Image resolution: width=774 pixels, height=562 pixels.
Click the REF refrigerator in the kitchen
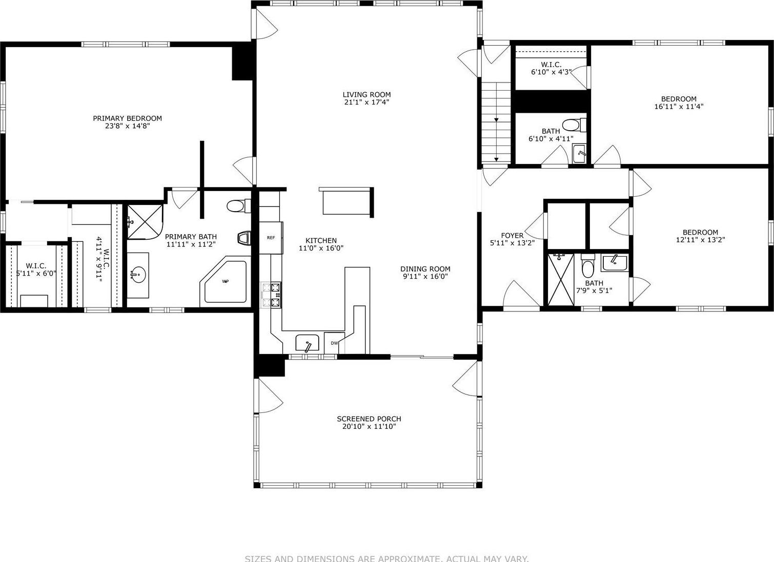(x=271, y=238)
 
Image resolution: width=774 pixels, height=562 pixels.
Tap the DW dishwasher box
(x=334, y=343)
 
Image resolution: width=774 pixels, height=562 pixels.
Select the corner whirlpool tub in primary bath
(x=225, y=282)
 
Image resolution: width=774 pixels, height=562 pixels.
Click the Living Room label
(x=366, y=94)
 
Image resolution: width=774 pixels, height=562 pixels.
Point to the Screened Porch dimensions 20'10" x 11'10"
(x=369, y=426)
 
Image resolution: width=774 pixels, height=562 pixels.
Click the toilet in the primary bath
(x=237, y=206)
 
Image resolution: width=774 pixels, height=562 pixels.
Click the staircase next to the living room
(x=496, y=122)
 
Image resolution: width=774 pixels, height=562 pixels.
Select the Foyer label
(x=512, y=236)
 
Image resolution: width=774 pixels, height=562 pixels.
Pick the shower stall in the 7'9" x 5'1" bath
(x=561, y=279)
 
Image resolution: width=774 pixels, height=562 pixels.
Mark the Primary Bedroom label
(x=127, y=118)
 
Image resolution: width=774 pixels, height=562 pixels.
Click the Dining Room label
(x=425, y=269)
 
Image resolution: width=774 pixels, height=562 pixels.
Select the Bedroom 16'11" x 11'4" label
(x=679, y=99)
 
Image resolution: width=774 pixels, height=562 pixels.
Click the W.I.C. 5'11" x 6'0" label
(x=36, y=266)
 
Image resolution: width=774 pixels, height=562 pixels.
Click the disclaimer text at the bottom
(x=386, y=558)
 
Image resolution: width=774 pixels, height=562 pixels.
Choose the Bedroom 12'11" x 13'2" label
(x=700, y=232)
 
